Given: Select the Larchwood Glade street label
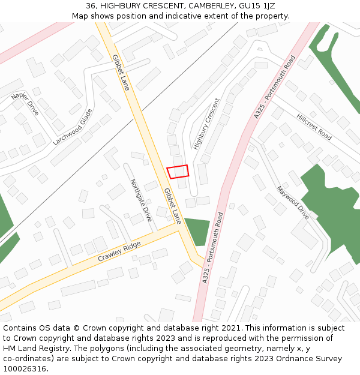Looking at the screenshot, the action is pos(73,127).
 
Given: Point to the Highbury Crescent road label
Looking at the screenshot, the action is pos(206,124).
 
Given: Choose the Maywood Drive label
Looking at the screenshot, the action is pos(292,202).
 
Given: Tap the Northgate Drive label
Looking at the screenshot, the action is pos(141,200).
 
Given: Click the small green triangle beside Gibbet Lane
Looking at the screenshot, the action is pos(197,230).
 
